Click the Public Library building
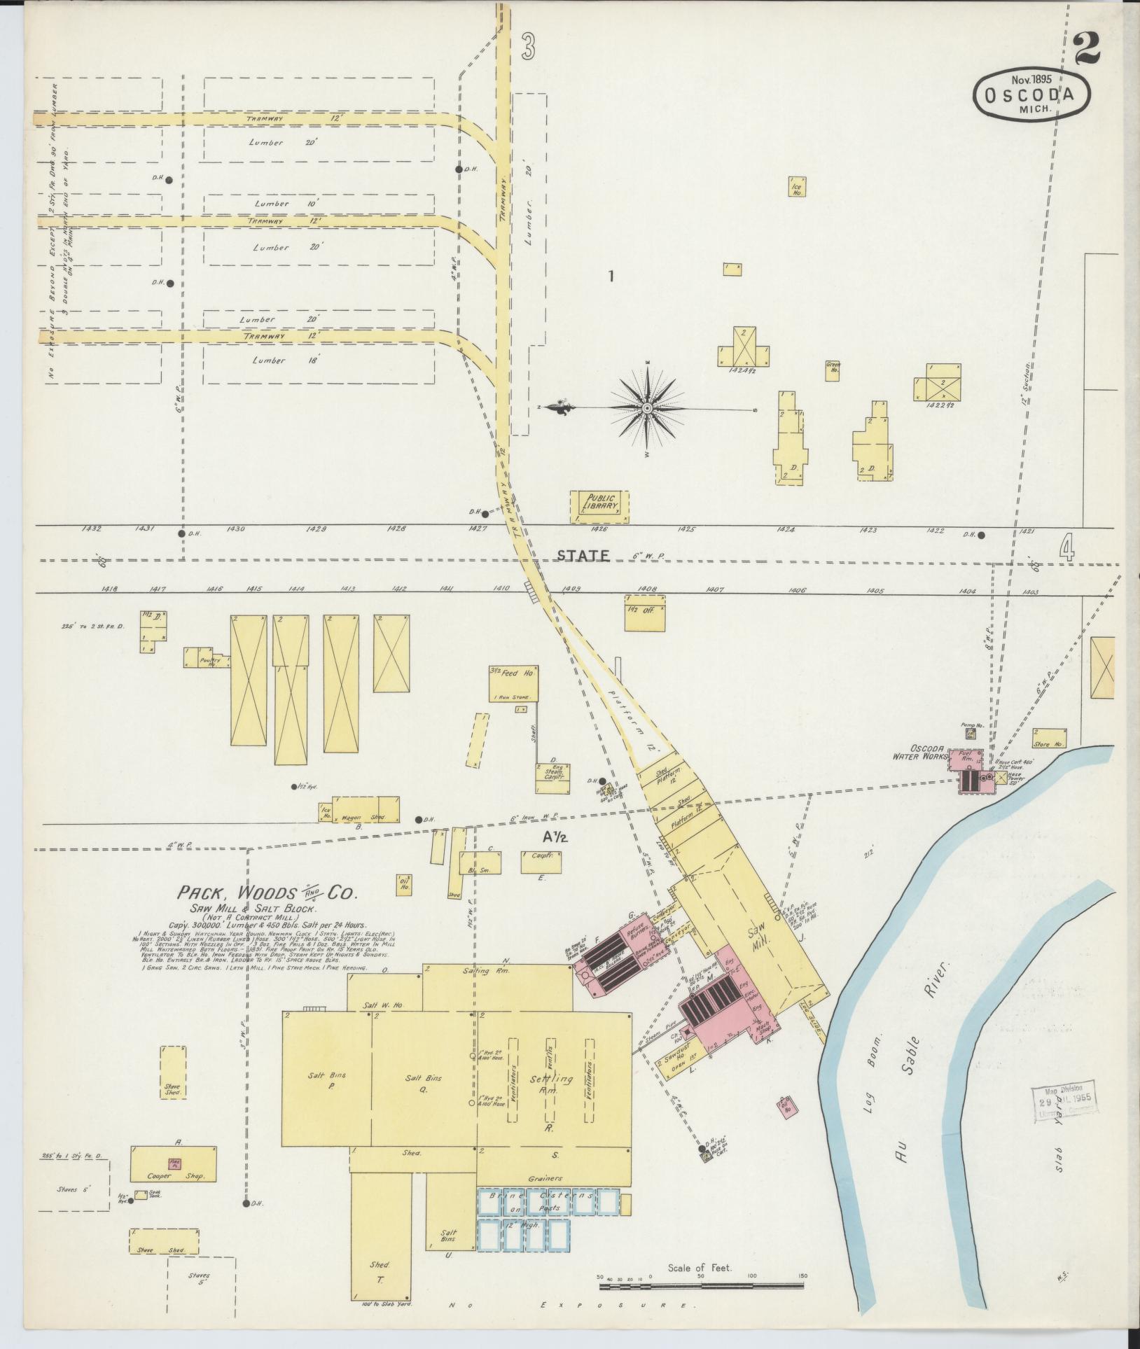click(599, 506)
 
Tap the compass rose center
click(648, 407)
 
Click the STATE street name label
click(583, 555)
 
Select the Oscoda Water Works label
click(919, 752)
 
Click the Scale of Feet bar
click(700, 1285)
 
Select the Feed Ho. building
click(513, 683)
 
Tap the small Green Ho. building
click(833, 370)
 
